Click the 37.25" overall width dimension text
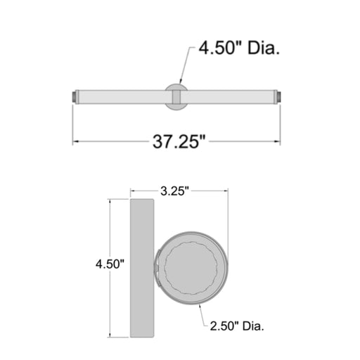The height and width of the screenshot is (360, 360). [179, 141]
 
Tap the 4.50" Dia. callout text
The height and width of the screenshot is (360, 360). [239, 48]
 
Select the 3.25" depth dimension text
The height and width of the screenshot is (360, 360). [174, 191]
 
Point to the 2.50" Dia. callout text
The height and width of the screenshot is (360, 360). [237, 326]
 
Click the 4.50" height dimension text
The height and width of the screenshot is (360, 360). [110, 264]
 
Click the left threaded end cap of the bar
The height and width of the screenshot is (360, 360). [74, 97]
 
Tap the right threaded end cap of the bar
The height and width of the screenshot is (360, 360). [278, 97]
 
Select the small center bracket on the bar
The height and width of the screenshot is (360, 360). [176, 97]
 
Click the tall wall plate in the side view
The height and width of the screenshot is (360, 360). [142, 268]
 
